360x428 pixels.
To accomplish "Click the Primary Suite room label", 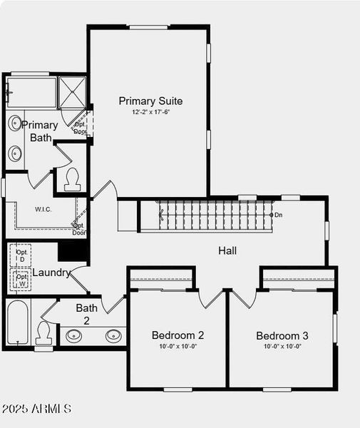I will [150, 101].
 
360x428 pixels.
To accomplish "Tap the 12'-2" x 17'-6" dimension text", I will [150, 112].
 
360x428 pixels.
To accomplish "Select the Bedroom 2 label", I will [178, 335].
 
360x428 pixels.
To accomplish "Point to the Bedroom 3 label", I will [282, 335].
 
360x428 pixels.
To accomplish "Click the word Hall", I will [227, 250].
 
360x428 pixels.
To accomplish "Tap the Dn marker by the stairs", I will [277, 214].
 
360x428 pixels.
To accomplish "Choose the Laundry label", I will [51, 272].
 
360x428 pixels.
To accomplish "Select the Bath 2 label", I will [87, 314].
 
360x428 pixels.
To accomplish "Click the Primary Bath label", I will [40, 131].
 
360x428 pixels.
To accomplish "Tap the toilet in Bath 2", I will [43, 332].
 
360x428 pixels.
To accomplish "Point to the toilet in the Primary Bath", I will [72, 179].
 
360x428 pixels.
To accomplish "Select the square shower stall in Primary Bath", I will [72, 91].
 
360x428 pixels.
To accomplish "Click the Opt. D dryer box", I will [21, 255].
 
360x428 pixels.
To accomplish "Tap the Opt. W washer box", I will [21, 279].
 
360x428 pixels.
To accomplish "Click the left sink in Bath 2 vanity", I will [73, 335].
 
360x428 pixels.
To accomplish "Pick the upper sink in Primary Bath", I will [16, 123].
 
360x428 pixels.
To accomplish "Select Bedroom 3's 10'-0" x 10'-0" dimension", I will [282, 347].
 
